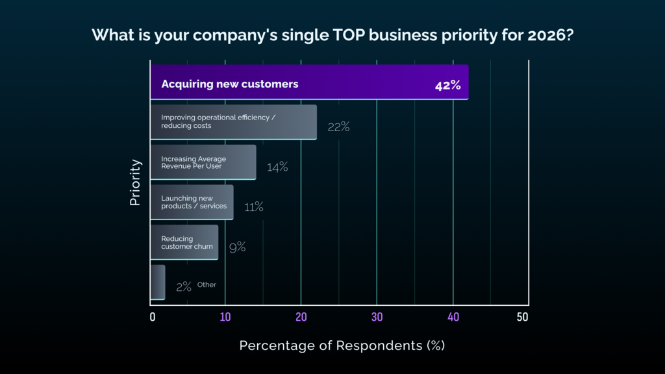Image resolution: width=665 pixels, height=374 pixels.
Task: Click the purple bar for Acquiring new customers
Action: pyautogui.click(x=309, y=82)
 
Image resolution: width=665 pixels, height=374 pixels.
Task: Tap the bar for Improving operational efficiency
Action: pyautogui.click(x=233, y=122)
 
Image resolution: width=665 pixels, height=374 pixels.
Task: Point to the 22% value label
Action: pyautogui.click(x=338, y=127)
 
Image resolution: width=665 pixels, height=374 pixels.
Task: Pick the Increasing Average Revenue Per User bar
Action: pyautogui.click(x=203, y=162)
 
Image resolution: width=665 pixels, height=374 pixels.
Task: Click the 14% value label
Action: pyautogui.click(x=277, y=168)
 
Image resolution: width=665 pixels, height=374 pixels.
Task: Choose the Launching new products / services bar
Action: pyautogui.click(x=192, y=202)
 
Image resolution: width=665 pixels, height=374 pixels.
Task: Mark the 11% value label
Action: pyautogui.click(x=254, y=207)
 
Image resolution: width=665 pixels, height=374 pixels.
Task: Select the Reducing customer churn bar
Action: pyautogui.click(x=184, y=242)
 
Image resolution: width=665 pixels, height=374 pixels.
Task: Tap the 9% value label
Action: pyautogui.click(x=237, y=247)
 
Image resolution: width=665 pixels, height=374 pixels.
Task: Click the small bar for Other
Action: pyautogui.click(x=157, y=282)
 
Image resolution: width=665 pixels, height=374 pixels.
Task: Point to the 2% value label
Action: pyautogui.click(x=183, y=286)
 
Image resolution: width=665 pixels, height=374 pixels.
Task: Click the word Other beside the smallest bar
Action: pyautogui.click(x=207, y=284)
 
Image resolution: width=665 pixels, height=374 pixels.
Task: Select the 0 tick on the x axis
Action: pyautogui.click(x=153, y=318)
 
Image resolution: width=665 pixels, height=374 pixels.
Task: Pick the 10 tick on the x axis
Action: pyautogui.click(x=225, y=318)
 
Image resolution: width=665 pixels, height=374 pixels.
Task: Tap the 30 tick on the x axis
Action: pyautogui.click(x=377, y=318)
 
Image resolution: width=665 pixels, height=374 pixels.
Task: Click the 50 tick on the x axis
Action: pyautogui.click(x=523, y=318)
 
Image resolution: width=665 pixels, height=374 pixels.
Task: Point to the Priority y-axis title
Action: pyautogui.click(x=135, y=182)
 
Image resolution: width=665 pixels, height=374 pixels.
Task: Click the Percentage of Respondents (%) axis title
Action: pyautogui.click(x=342, y=346)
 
